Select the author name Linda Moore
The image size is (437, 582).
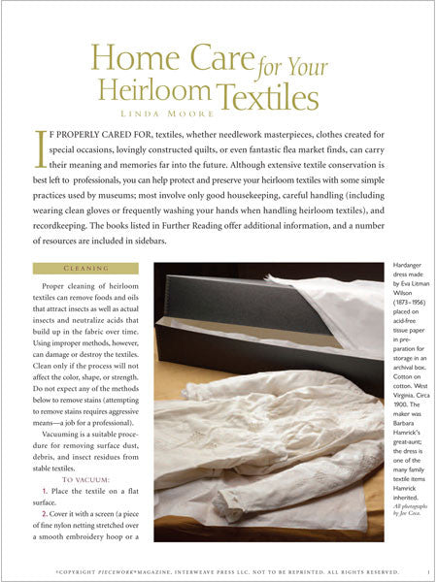point(218,125)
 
